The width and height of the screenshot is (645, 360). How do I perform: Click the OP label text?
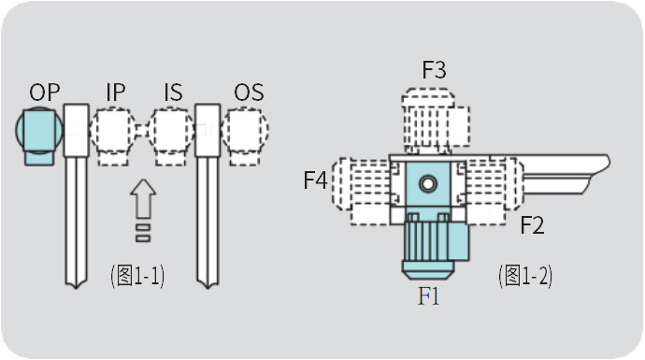pyautogui.click(x=45, y=93)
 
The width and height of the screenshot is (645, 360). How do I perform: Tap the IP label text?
pyautogui.click(x=116, y=93)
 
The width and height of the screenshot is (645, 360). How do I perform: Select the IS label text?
pyautogui.click(x=173, y=93)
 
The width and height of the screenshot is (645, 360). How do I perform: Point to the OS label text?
pyautogui.click(x=249, y=93)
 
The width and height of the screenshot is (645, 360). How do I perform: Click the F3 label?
pyautogui.click(x=434, y=69)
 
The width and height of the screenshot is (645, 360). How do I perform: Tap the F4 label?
pyautogui.click(x=315, y=180)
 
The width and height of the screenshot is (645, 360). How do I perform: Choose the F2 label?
pyautogui.click(x=532, y=224)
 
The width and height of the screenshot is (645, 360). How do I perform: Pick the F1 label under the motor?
pyautogui.click(x=428, y=295)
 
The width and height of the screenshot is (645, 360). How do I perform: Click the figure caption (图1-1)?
pyautogui.click(x=137, y=276)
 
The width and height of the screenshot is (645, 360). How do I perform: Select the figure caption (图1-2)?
pyautogui.click(x=525, y=276)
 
